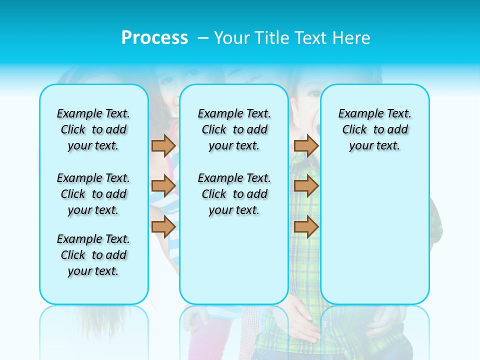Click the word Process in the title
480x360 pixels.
(x=154, y=38)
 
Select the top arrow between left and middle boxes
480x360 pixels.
(x=163, y=145)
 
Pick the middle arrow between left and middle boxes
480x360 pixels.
(x=163, y=186)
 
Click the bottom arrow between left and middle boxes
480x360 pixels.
(x=163, y=226)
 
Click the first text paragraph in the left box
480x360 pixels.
(x=93, y=129)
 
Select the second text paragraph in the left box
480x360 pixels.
(x=93, y=194)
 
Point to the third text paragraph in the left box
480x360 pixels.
(x=93, y=255)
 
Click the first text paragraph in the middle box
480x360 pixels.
(x=234, y=129)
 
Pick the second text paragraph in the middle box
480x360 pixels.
(x=234, y=194)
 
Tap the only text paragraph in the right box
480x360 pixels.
(x=374, y=129)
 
